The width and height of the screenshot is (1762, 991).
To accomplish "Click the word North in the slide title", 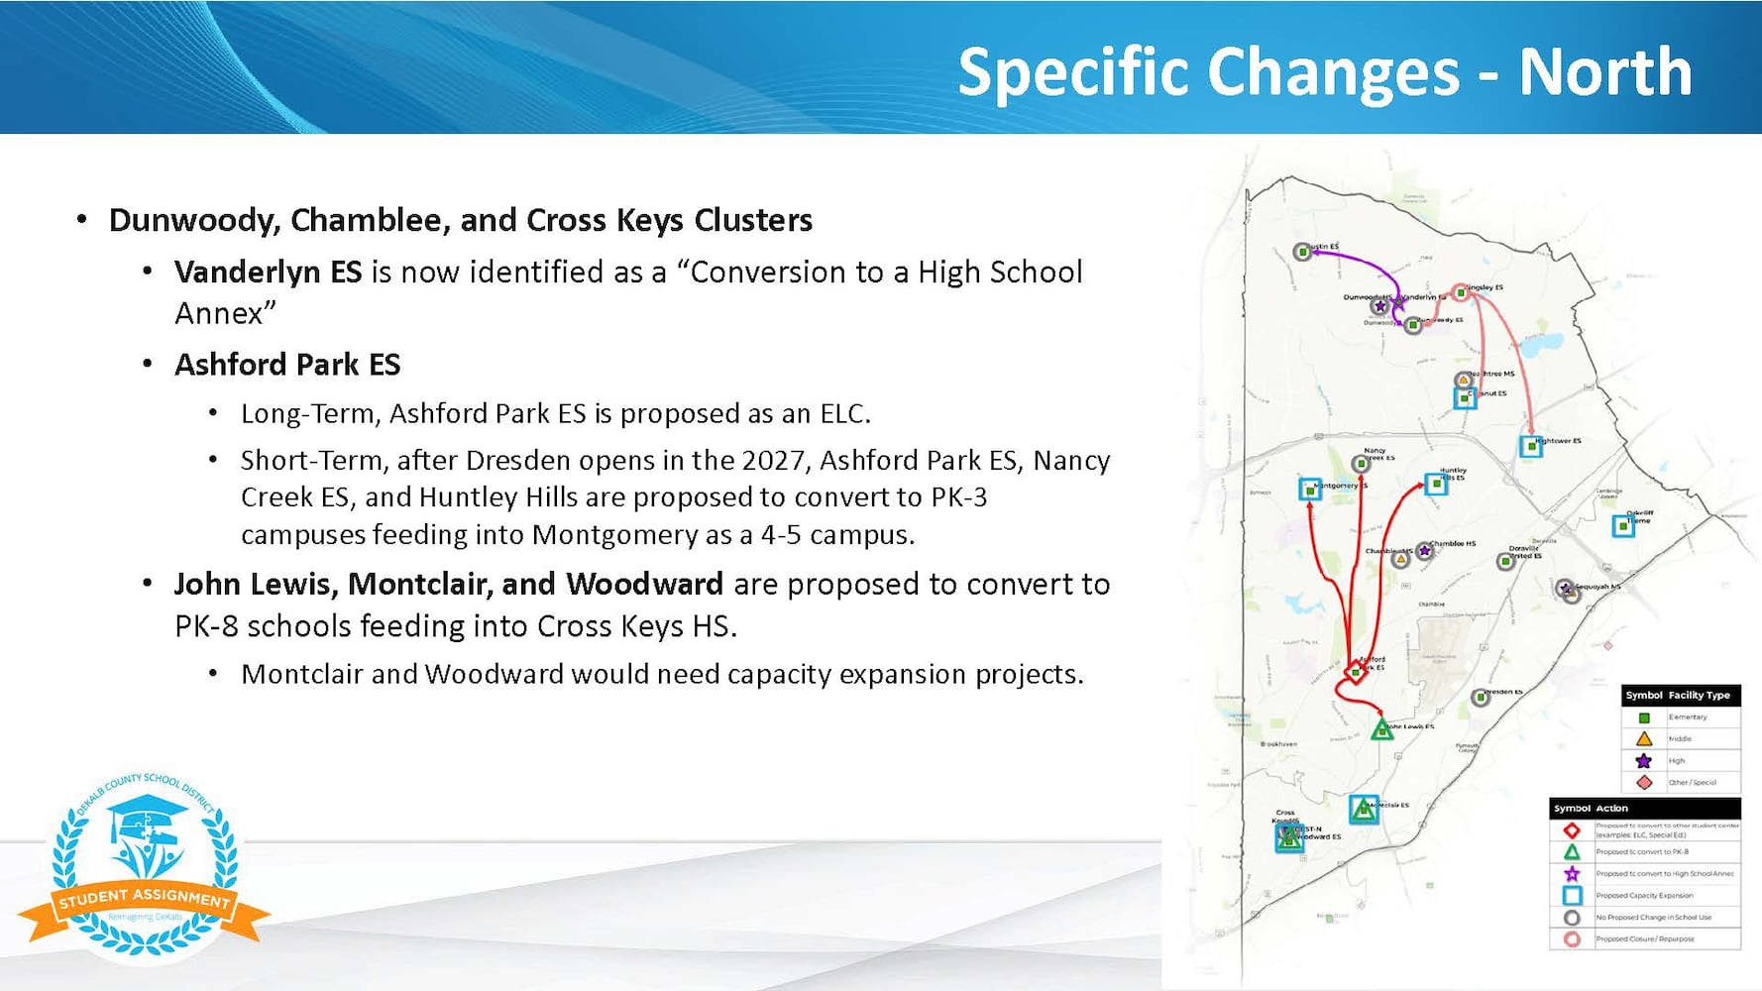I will click(1604, 71).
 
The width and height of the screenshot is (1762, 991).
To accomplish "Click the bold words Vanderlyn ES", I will click(268, 272).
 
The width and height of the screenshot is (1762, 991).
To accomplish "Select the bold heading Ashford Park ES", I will click(287, 365).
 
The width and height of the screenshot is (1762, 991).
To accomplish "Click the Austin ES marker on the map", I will click(1303, 253).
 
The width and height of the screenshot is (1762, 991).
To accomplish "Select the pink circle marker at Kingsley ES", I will click(1460, 292).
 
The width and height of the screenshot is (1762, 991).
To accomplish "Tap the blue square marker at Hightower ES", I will click(1531, 447).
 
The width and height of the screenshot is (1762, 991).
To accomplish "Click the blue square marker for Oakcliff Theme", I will click(1622, 526).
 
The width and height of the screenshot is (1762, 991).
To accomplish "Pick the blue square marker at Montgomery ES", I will click(1310, 490).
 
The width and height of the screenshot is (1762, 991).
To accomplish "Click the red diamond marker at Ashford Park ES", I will click(1355, 673).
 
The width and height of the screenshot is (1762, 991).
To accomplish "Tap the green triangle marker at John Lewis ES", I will click(1381, 731).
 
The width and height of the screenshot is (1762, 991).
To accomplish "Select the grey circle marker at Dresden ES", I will click(1480, 698).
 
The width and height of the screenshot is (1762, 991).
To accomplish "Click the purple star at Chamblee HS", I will click(1425, 551).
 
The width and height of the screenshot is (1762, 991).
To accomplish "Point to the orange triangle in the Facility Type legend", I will click(1643, 739).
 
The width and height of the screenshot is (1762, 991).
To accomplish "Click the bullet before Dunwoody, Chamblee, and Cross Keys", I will click(82, 220).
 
